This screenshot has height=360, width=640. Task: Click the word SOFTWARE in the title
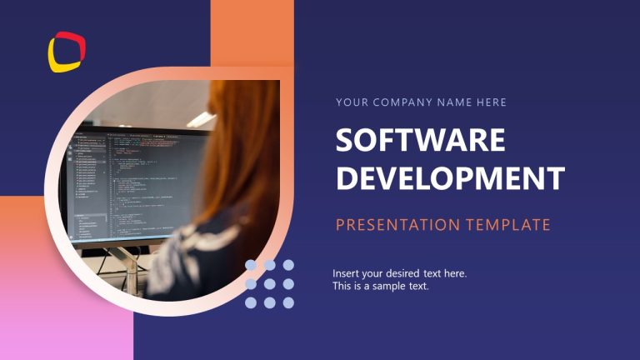[x=420, y=140]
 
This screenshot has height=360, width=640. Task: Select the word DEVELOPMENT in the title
[x=450, y=178]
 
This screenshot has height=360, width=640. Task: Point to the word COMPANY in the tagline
[x=397, y=102]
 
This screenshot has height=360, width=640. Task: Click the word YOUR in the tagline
[x=350, y=102]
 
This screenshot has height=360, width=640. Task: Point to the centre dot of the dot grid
[x=269, y=283]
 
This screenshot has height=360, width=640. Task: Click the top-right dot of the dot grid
[x=288, y=265]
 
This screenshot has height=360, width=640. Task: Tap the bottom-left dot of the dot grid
[x=251, y=302]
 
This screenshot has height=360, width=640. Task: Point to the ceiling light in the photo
[x=200, y=119]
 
